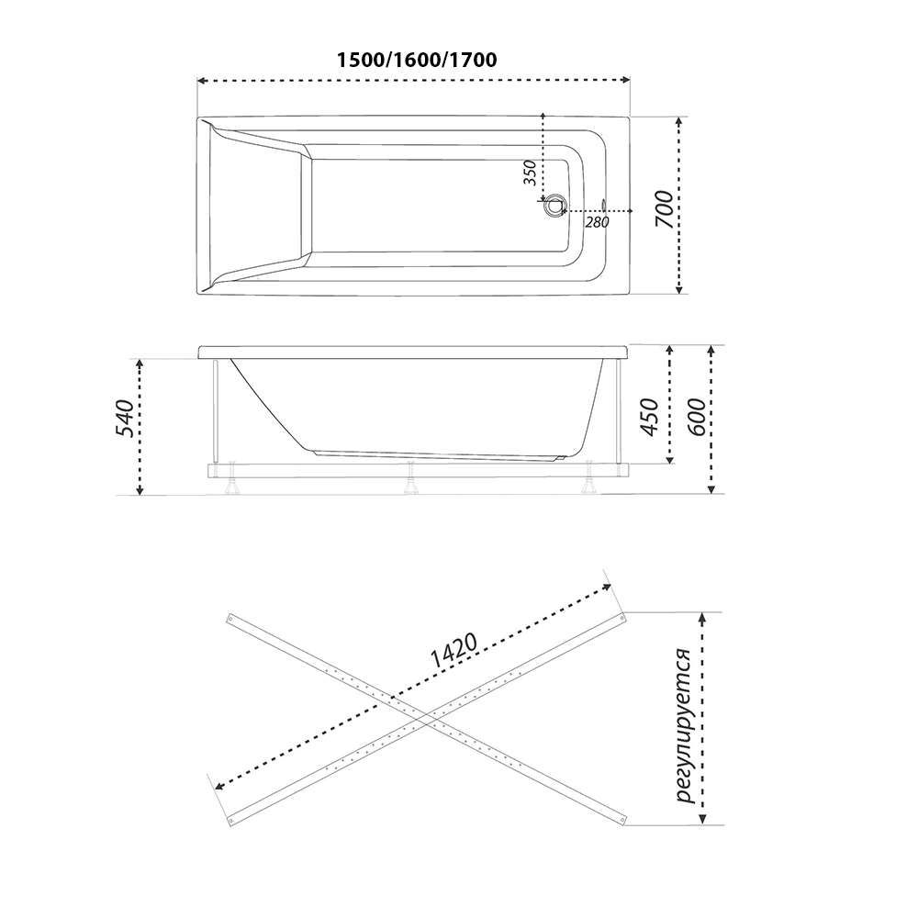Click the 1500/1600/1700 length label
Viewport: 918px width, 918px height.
coord(417,60)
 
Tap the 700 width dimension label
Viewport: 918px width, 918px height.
coord(665,209)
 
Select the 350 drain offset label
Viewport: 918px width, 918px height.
coord(530,173)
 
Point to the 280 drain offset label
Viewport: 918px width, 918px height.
coord(597,222)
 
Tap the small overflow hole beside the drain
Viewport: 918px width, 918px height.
coord(604,206)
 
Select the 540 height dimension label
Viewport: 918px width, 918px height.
coord(125,418)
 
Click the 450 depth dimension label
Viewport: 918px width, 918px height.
coord(651,417)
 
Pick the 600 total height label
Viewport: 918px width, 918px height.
coord(696,417)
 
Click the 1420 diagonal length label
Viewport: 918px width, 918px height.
coord(453,651)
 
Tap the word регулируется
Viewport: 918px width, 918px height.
coord(684,726)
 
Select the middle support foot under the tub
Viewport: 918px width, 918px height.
coord(412,477)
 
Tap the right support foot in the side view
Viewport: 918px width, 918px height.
coord(588,477)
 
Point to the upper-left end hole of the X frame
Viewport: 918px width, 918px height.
coord(230,617)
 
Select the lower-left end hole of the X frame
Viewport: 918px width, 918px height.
coord(230,822)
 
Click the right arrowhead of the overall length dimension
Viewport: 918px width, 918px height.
coord(626,80)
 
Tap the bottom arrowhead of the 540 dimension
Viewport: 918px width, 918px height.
coord(140,490)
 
